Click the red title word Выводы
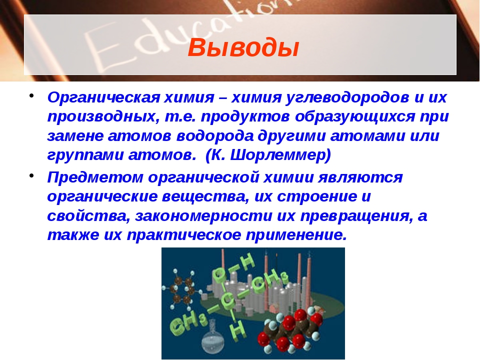(x=243, y=48)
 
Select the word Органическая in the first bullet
(x=103, y=98)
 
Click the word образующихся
(x=355, y=117)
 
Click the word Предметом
(x=95, y=177)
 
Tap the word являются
(x=360, y=177)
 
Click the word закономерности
(x=203, y=216)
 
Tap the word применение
(x=296, y=235)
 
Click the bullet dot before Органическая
(x=31, y=95)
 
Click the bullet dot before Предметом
(x=31, y=175)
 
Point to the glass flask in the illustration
(x=212, y=338)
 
